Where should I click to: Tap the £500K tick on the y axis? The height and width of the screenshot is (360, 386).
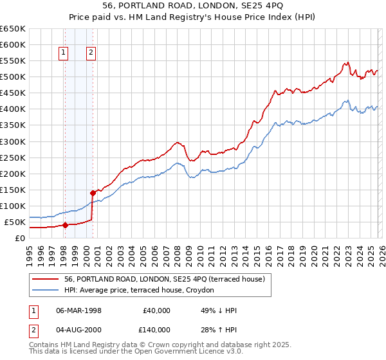(12, 77)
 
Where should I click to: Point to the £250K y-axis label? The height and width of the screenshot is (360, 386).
(12, 157)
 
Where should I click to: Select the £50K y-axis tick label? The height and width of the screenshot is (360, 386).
(14, 222)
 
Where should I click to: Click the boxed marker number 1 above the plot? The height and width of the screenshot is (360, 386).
(64, 53)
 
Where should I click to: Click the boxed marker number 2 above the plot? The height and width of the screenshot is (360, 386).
(91, 53)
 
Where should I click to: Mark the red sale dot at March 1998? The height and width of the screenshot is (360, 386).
(65, 225)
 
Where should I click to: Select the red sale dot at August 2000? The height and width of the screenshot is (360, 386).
(93, 192)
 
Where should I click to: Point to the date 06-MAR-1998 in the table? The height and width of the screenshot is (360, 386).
(78, 310)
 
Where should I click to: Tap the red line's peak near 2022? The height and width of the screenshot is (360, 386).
(347, 62)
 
